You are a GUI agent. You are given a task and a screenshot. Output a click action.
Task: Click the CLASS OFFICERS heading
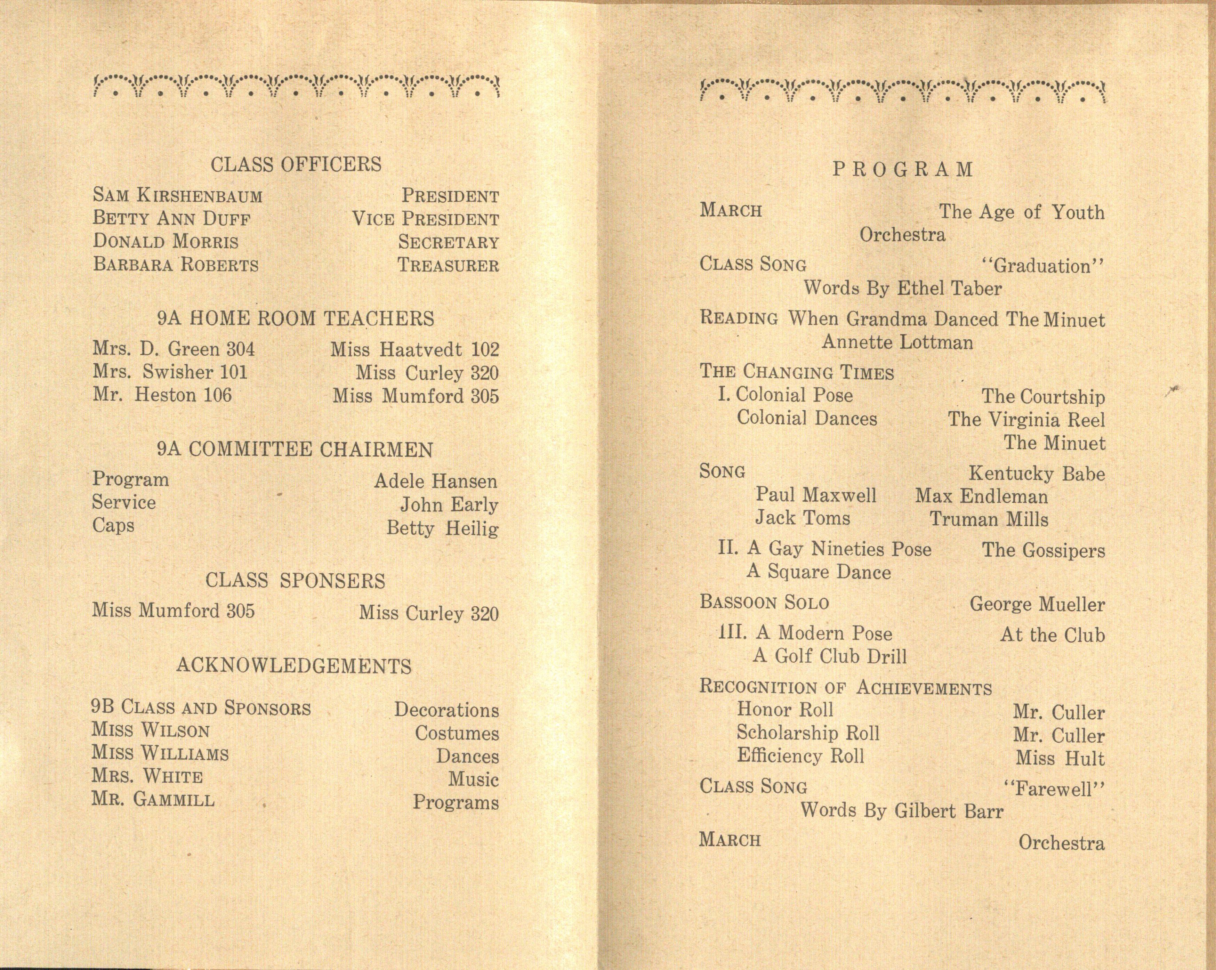(296, 165)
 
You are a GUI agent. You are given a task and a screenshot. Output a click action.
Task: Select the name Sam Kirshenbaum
(178, 196)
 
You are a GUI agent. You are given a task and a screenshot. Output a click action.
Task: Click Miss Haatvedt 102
(414, 350)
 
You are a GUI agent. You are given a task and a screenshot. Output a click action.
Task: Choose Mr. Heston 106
(162, 395)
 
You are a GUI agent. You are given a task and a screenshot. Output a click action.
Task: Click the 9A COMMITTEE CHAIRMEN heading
(295, 450)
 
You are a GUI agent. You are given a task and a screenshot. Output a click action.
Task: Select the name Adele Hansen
(435, 481)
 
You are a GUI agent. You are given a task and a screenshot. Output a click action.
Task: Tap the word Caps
(113, 526)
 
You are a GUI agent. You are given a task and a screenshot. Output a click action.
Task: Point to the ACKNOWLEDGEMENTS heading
(294, 666)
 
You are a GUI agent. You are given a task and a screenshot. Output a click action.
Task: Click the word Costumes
(457, 733)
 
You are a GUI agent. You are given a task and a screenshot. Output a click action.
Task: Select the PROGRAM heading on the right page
(903, 170)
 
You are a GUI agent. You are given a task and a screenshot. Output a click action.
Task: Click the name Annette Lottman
(897, 342)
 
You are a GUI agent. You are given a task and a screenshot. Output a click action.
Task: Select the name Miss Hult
(1060, 759)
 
